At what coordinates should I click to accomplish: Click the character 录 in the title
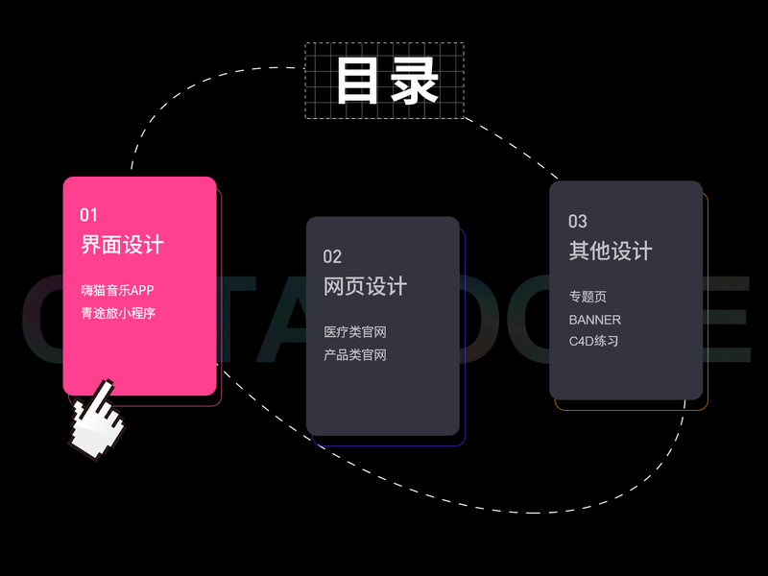[415, 81]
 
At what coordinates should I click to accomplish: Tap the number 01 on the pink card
[88, 215]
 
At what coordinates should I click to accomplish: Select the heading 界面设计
[122, 245]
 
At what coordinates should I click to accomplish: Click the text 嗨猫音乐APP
[117, 290]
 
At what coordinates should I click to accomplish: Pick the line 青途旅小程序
[117, 312]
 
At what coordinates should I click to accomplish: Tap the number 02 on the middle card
[332, 256]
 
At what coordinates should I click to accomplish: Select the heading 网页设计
[365, 286]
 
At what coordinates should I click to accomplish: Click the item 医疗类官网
[355, 332]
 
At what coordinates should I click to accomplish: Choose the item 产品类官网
[355, 355]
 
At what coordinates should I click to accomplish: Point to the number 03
[577, 222]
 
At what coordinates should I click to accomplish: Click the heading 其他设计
[610, 252]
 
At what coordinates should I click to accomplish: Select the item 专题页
[588, 297]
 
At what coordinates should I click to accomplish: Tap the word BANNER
[594, 320]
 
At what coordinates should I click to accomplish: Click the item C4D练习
[593, 341]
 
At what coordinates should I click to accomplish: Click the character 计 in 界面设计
[154, 245]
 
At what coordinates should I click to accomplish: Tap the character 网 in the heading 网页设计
[334, 286]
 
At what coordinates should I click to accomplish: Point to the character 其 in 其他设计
[579, 252]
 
